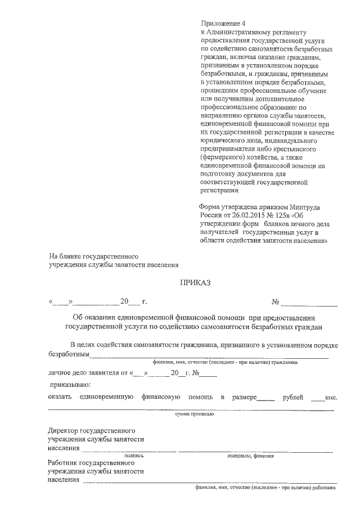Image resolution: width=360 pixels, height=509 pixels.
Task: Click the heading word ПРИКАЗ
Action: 195,283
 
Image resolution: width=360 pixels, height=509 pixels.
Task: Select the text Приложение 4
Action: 223,23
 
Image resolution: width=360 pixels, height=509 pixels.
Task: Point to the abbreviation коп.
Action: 331,398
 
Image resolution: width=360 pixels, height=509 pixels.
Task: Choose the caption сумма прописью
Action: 194,413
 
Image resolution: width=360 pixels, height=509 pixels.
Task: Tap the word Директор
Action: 64,430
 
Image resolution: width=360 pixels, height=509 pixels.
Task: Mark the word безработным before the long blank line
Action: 69,355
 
